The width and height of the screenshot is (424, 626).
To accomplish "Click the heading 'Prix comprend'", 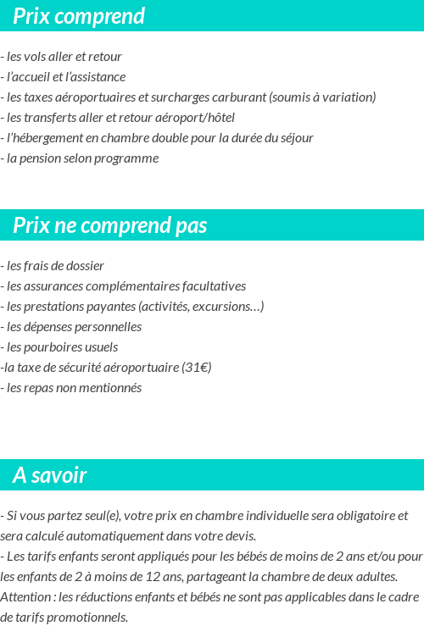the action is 79,16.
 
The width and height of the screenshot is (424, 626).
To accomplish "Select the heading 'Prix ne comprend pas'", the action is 110,225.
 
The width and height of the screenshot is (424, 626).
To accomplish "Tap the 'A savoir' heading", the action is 50,475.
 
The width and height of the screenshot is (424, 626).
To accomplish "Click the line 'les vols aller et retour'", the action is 64,57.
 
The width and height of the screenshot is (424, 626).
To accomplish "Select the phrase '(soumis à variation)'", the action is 322,97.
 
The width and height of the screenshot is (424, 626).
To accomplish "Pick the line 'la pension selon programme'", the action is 81,158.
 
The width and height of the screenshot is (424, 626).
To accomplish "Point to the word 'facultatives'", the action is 211,286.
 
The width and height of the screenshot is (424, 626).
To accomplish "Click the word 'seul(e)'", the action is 100,515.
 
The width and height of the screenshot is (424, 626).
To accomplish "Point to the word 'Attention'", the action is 25,596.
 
